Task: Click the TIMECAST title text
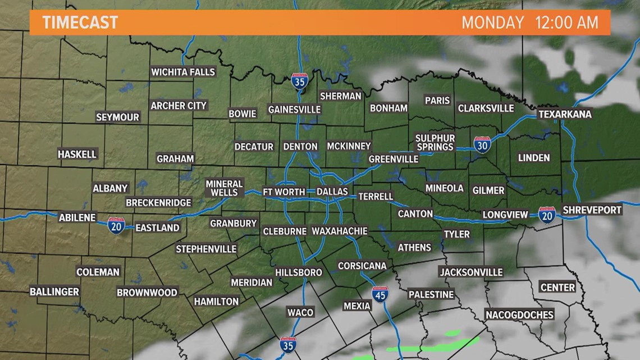coord(80,22)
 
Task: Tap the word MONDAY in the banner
coord(492,23)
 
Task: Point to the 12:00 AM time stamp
coord(567,23)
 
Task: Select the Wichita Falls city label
coord(183,72)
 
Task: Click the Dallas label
coord(332,192)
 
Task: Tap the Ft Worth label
coord(284,192)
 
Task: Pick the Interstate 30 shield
coord(482,145)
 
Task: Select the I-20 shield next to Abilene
coord(116,225)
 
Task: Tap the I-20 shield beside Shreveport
coord(547,215)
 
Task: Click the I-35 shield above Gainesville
coord(300,82)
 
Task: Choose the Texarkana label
coord(565,114)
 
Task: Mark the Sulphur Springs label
coord(435,143)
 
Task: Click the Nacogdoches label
coord(519,315)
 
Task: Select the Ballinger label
coord(54,292)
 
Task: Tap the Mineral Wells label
coord(224,188)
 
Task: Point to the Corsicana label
coord(362,266)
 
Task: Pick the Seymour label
coord(117,117)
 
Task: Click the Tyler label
coord(456,234)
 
